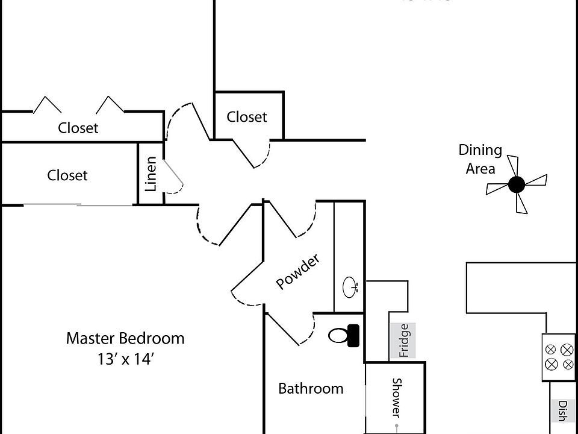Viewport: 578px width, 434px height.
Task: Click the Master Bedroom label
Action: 125,338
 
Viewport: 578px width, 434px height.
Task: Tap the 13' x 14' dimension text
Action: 125,359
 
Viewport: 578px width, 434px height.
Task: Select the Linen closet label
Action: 151,174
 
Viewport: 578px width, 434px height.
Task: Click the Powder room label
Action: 297,272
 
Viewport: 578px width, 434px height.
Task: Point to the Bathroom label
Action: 311,389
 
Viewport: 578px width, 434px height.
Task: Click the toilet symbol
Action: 345,335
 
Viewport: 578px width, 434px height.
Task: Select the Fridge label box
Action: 403,341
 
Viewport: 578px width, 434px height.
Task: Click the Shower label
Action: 397,397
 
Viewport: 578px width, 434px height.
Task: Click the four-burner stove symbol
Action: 559,357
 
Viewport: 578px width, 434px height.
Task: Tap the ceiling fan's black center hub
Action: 516,184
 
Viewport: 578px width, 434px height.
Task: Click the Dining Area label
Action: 480,159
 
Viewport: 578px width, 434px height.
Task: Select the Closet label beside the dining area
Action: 247,117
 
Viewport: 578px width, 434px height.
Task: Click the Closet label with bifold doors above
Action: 78,128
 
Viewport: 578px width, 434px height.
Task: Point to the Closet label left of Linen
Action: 67,175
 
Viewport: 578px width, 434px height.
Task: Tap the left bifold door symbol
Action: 47,105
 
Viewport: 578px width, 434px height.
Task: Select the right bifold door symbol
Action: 111,105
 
